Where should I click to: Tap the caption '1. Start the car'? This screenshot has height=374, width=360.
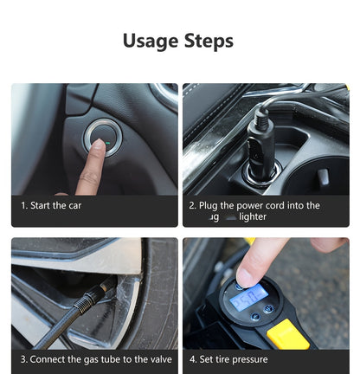coord(51,205)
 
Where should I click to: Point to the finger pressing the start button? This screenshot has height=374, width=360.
coord(89,164)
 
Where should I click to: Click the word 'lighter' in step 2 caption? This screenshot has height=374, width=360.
coord(253,216)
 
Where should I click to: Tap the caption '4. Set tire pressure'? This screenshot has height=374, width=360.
coord(228,359)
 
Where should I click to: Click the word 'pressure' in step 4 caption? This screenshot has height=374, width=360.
coord(249,359)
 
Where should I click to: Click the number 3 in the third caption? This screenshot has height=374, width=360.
coord(23,359)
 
